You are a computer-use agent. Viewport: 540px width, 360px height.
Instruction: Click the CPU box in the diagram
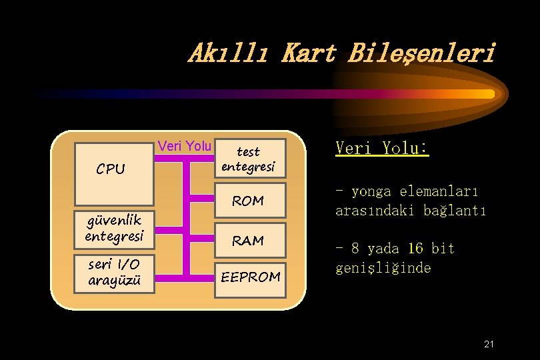coord(113,173)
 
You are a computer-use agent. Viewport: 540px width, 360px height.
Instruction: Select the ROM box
coord(248,200)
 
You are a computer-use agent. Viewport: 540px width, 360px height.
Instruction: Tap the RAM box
coord(248,240)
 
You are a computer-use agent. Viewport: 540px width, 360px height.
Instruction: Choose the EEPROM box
coord(251,276)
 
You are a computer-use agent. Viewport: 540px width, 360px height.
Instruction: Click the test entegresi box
coord(248,159)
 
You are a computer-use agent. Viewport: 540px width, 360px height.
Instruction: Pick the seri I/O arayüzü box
coord(114,273)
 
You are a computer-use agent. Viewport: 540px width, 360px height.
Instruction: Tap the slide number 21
coord(489,344)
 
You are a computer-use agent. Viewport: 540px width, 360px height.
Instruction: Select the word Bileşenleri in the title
coord(421,53)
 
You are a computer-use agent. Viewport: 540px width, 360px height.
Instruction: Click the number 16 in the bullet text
coord(415,249)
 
